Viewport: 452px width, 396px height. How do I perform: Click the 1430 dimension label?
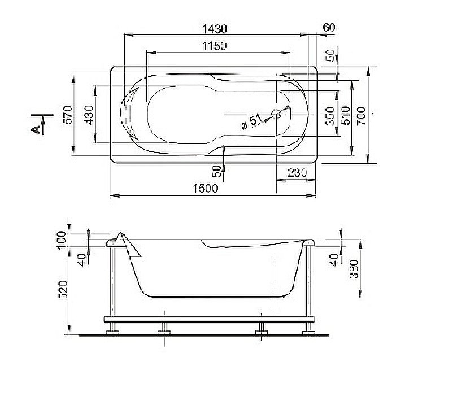tap(214, 28)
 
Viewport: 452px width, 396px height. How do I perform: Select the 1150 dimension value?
tap(212, 46)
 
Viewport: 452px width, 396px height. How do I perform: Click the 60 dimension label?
tap(329, 28)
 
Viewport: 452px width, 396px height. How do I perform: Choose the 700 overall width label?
tap(361, 116)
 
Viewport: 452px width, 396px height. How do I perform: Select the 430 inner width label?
tap(88, 115)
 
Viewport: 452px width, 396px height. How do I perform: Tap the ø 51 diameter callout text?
tap(251, 122)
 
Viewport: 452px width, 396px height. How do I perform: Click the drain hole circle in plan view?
tap(276, 114)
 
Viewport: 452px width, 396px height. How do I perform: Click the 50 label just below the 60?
tap(330, 55)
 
